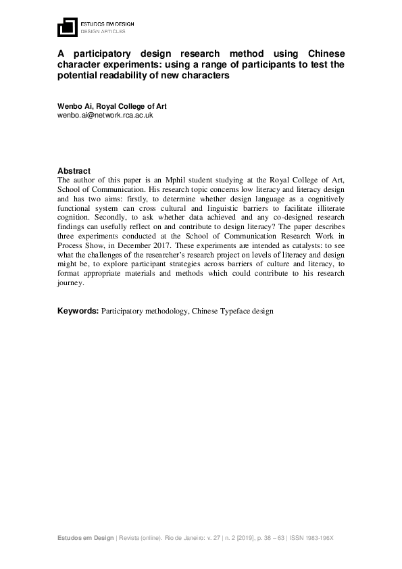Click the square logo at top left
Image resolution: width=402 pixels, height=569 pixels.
coord(66,27)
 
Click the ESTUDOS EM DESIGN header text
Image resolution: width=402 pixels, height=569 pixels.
coord(107,24)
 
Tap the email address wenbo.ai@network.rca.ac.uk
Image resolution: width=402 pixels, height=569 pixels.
coord(105,116)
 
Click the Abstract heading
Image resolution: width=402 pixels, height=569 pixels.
coord(74,171)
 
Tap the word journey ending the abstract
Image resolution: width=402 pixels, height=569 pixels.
coord(70,283)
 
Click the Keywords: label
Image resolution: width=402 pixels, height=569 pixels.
coord(78,311)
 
